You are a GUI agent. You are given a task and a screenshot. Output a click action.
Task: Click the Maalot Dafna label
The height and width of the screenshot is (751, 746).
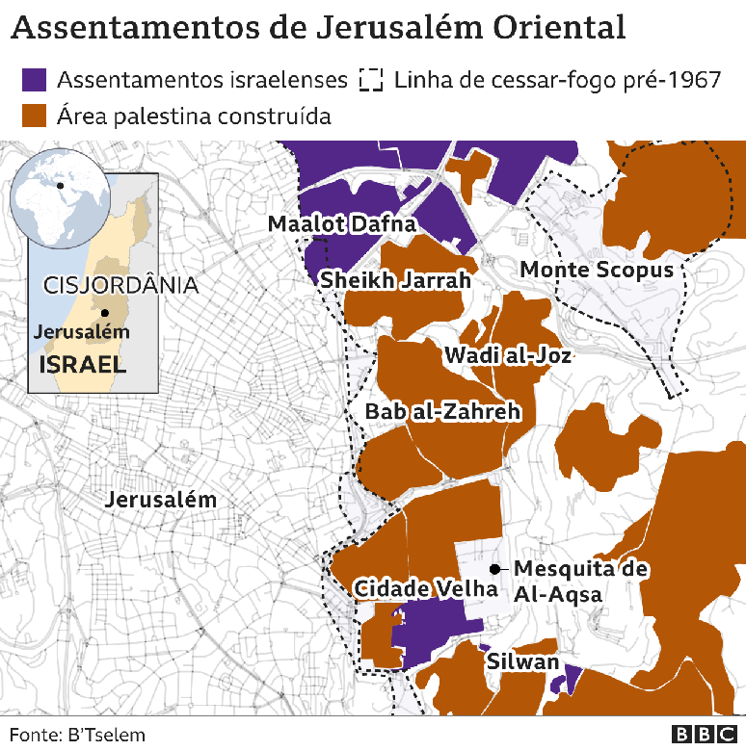tap(341, 224)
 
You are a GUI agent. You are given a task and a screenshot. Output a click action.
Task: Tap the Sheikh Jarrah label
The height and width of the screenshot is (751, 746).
tap(395, 280)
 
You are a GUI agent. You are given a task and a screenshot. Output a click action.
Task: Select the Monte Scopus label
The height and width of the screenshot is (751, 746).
tap(597, 270)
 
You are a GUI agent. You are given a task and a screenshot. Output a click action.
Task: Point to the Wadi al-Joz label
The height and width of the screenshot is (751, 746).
tap(508, 355)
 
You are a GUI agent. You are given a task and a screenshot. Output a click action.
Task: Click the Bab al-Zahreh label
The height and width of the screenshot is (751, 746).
tap(442, 412)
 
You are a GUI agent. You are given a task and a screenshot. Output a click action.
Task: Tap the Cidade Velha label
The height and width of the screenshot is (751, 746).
tap(425, 588)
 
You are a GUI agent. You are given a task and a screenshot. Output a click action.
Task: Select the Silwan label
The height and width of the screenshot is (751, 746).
tap(522, 661)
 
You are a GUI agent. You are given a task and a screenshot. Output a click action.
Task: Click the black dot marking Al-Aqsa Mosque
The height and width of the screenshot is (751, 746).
tap(494, 568)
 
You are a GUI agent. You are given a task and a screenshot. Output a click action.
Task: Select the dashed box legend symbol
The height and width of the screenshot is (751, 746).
tap(370, 80)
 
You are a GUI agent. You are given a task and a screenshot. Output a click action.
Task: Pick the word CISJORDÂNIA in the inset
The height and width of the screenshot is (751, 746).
tap(120, 286)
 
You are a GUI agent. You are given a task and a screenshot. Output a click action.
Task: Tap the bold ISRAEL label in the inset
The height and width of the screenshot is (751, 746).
tap(82, 365)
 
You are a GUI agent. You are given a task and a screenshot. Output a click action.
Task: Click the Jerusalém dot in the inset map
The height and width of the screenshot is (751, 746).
tap(105, 313)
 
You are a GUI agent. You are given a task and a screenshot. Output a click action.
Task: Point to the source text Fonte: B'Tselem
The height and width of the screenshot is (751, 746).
tap(77, 735)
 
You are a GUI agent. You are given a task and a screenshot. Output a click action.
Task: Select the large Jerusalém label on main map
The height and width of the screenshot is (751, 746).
tap(161, 501)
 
